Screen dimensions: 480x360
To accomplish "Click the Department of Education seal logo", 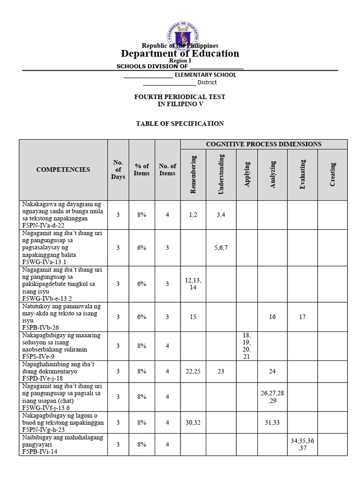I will click(x=183, y=36).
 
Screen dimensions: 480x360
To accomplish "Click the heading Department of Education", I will click(x=180, y=53).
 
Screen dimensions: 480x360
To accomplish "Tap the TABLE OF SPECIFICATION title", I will click(x=180, y=124).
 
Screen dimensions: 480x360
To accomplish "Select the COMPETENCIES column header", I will click(x=63, y=170).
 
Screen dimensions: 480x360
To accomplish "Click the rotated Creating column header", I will click(x=332, y=174).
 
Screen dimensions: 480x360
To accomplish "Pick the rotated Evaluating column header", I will click(x=303, y=174).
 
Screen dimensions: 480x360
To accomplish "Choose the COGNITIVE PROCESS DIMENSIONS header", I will click(x=264, y=144).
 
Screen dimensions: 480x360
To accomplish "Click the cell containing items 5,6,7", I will click(x=221, y=248).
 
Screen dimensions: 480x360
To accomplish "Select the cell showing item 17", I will click(x=302, y=317).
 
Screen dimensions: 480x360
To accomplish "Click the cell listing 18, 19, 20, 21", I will click(x=247, y=346).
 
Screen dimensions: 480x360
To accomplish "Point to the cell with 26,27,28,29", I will click(x=272, y=397).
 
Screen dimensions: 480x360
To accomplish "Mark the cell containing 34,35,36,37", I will click(x=302, y=444).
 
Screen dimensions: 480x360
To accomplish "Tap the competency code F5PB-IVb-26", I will click(x=40, y=328).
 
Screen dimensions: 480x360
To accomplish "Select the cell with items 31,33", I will click(x=272, y=422).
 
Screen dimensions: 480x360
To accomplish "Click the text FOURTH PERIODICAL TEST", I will click(x=180, y=97).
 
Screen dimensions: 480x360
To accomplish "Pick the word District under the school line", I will click(x=207, y=82).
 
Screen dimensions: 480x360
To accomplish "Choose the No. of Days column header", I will click(x=118, y=170).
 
